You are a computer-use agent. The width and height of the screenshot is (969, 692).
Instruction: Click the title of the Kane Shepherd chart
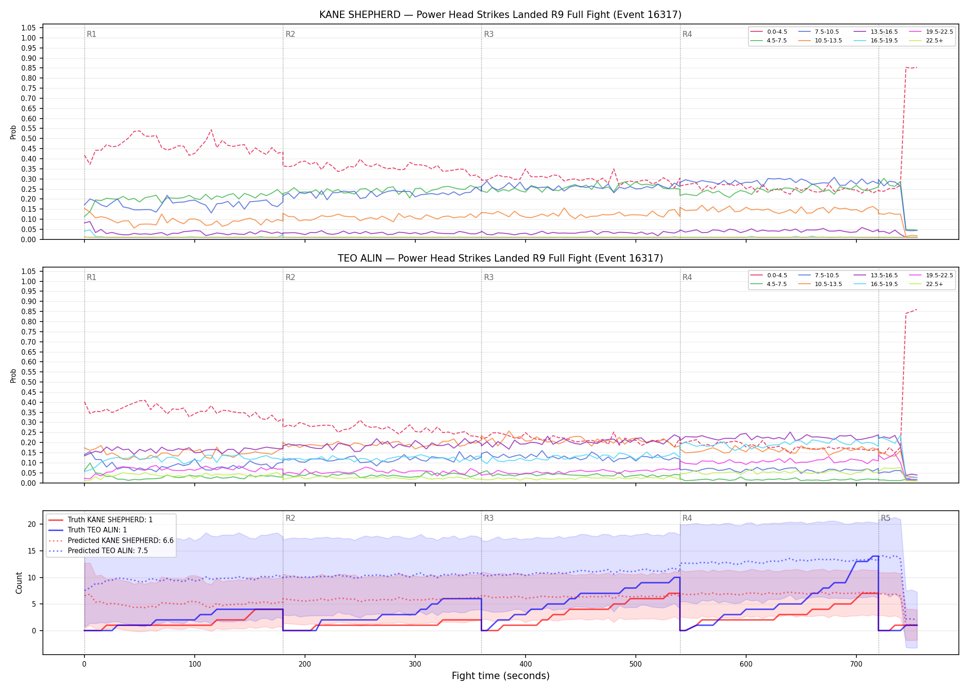(500, 15)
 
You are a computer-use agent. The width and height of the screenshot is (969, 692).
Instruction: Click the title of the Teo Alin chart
(500, 258)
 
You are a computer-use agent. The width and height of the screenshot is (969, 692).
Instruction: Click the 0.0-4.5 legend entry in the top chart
(769, 32)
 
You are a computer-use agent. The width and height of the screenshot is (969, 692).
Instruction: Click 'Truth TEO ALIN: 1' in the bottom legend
(88, 530)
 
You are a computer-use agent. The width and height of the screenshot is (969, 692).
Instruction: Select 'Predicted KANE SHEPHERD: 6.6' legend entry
(111, 540)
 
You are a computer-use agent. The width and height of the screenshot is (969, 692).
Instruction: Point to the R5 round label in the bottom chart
(885, 518)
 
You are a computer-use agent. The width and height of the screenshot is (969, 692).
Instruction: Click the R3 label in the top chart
(489, 34)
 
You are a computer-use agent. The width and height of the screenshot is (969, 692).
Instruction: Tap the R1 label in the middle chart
(91, 277)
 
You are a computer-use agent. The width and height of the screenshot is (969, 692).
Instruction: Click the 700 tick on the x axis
(856, 664)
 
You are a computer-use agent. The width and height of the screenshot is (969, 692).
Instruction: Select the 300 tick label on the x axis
(415, 664)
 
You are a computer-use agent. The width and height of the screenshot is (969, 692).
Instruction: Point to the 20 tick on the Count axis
(32, 524)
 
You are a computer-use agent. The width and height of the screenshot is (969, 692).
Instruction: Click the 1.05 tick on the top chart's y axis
(29, 28)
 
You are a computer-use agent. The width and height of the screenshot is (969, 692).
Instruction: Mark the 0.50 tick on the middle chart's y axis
(29, 382)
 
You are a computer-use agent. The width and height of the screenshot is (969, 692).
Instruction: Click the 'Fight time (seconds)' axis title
(501, 676)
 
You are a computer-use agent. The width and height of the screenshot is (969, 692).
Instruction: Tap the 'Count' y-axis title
(19, 583)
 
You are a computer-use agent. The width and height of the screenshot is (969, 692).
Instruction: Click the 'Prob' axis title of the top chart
(13, 132)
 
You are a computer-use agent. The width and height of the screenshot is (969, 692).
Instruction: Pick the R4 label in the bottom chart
(687, 518)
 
